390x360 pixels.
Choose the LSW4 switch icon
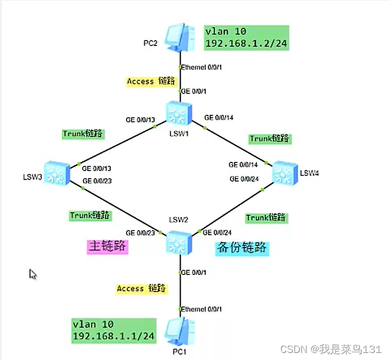(284, 172)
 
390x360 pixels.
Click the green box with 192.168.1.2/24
(246, 37)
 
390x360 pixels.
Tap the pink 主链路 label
(107, 247)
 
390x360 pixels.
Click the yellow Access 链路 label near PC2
(151, 81)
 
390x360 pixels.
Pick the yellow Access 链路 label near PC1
(141, 289)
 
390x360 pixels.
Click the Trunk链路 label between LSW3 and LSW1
(83, 133)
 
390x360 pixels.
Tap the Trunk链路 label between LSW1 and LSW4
(270, 139)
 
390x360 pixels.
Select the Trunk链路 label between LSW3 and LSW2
(90, 215)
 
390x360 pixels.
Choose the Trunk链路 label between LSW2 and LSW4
(266, 218)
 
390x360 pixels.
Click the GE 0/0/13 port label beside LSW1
(140, 119)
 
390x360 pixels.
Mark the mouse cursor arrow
(32, 273)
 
